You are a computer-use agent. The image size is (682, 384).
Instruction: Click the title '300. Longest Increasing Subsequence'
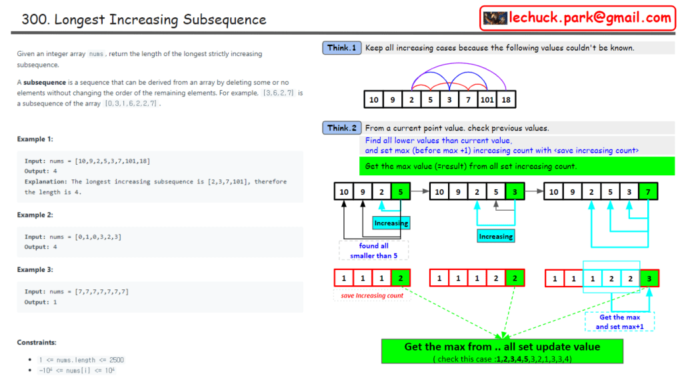[143, 19]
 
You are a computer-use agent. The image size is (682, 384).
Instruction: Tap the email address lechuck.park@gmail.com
[590, 18]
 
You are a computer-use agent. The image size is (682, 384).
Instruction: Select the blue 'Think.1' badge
[342, 48]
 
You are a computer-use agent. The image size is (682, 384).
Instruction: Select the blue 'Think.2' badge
[342, 128]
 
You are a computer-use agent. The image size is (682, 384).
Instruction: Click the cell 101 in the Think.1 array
[487, 100]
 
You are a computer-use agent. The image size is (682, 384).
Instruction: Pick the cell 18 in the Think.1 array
[507, 100]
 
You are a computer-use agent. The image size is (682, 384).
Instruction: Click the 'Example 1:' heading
[35, 139]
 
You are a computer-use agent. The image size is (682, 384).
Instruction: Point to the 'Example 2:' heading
[35, 215]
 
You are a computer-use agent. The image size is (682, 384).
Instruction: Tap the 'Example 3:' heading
[35, 270]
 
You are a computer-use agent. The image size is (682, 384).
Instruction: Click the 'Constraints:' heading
[37, 343]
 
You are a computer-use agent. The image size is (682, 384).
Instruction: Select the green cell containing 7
[648, 192]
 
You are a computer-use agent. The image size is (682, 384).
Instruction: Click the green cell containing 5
[400, 192]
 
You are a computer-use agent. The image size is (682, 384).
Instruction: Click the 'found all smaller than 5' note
[373, 250]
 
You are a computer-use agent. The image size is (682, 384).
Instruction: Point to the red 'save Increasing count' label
[372, 295]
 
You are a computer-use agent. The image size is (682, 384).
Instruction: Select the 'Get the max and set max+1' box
[620, 321]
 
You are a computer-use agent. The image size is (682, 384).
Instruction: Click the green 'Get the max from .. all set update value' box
[502, 351]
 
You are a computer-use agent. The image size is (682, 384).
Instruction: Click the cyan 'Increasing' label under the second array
[495, 236]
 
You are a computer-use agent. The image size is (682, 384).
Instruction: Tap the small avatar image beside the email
[495, 18]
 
